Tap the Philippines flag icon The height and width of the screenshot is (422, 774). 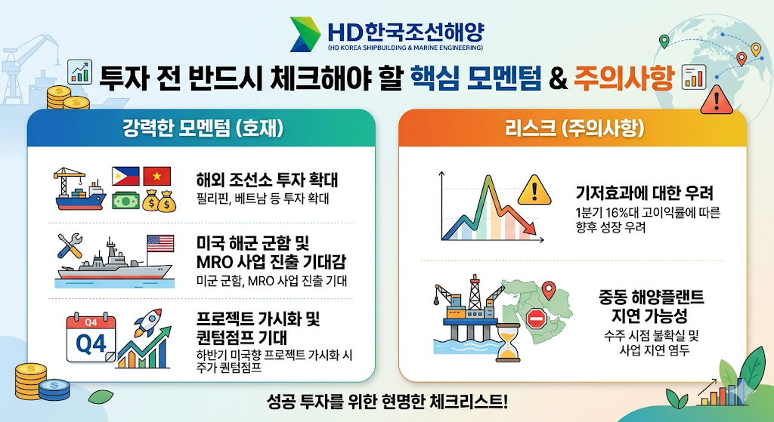[x=125, y=176]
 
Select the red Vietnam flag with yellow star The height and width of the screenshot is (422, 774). [x=157, y=176]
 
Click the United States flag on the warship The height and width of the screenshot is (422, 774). [x=160, y=244]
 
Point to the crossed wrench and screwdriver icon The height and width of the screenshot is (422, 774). [x=70, y=245]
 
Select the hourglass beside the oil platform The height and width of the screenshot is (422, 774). [x=508, y=342]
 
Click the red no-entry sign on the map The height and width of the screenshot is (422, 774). [x=536, y=319]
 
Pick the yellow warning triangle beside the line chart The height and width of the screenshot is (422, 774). [x=534, y=189]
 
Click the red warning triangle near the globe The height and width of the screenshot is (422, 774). [x=717, y=100]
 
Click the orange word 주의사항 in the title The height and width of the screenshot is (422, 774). [x=624, y=78]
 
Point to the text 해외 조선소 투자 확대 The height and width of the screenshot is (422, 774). [x=267, y=180]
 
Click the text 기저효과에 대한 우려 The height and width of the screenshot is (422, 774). [x=645, y=193]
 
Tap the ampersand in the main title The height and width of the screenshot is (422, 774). [x=558, y=79]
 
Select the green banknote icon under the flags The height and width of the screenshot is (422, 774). [x=125, y=200]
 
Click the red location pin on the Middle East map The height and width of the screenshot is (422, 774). [x=549, y=291]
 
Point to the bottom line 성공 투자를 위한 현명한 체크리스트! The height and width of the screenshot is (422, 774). [x=387, y=402]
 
